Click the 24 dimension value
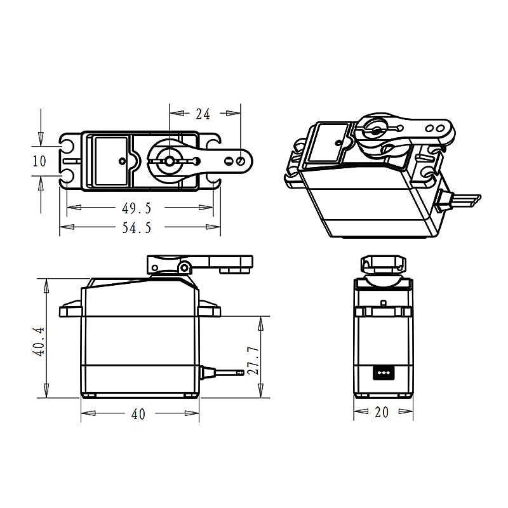(x=203, y=114)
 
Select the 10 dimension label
(x=39, y=161)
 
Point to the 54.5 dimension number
(x=137, y=227)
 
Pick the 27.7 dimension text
(x=253, y=361)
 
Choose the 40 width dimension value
(x=138, y=414)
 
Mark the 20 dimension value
(x=381, y=413)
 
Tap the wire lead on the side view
(x=222, y=372)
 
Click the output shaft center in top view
(x=170, y=161)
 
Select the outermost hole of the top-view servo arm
(x=239, y=161)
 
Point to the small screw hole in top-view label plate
(x=122, y=161)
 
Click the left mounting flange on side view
(x=70, y=311)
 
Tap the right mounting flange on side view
(x=209, y=311)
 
